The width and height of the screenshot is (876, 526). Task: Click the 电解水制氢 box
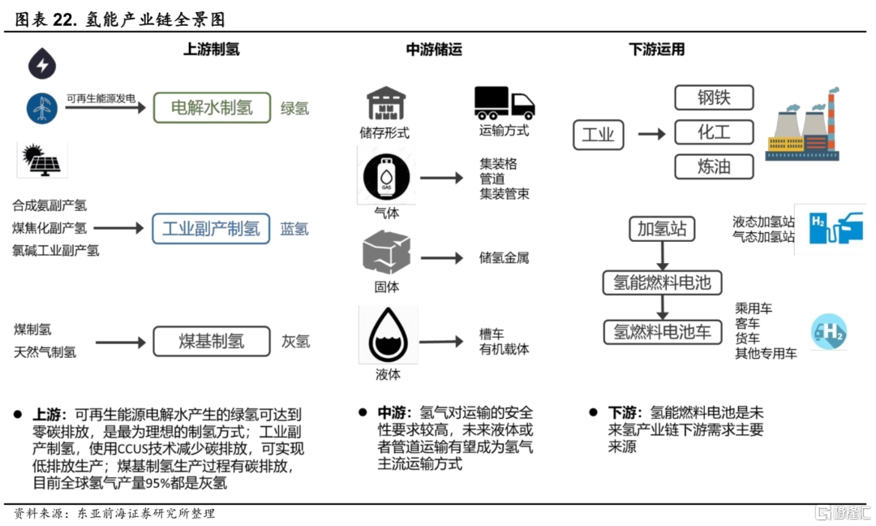click(x=212, y=107)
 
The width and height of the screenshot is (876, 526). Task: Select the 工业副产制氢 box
click(x=211, y=228)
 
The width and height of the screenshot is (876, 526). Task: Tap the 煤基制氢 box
click(x=211, y=341)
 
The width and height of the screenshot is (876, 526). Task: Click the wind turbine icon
click(x=41, y=108)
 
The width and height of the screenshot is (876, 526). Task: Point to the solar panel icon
click(x=42, y=159)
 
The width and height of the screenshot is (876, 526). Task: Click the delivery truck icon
click(x=504, y=102)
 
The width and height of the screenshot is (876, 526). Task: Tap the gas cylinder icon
click(x=386, y=175)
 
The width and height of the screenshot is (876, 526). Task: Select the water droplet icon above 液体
click(x=389, y=336)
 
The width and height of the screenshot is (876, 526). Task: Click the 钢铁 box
click(x=714, y=97)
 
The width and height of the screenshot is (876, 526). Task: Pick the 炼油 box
click(x=714, y=166)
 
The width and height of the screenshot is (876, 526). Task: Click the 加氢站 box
click(x=662, y=228)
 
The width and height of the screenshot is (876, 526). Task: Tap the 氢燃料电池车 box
click(x=662, y=332)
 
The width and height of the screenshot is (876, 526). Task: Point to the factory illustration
click(x=801, y=128)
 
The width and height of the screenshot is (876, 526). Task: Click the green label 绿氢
click(x=294, y=108)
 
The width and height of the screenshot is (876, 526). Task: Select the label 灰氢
click(x=295, y=342)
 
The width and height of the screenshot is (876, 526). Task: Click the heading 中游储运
click(x=434, y=50)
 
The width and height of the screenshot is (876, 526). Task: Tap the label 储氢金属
click(x=504, y=258)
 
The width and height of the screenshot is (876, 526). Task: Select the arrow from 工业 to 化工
click(x=651, y=133)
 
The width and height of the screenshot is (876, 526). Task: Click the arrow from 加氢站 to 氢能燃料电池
click(x=663, y=256)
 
